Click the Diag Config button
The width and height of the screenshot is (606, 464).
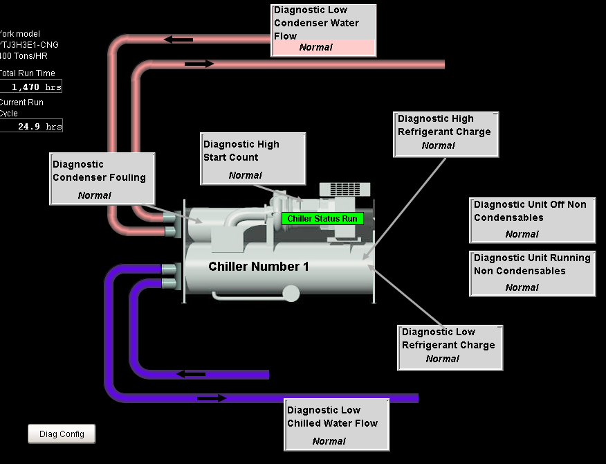62,434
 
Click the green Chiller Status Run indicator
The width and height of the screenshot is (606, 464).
322,219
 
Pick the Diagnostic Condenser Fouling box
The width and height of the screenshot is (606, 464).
102,179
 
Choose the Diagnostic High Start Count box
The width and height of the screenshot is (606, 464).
252,159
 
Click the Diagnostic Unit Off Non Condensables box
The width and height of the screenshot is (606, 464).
532,220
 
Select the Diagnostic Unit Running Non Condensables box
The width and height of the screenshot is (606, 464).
532,273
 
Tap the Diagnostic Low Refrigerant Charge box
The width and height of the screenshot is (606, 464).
450,347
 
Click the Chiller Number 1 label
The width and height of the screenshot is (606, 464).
259,267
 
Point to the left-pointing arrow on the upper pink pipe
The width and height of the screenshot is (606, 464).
178,39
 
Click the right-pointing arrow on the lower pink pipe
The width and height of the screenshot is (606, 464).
200,64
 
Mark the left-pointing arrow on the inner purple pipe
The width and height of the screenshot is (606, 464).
191,374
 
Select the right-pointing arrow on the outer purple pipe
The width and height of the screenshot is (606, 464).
212,398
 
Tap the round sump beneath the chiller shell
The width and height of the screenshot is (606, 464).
291,294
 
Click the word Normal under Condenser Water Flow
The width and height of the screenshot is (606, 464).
315,48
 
